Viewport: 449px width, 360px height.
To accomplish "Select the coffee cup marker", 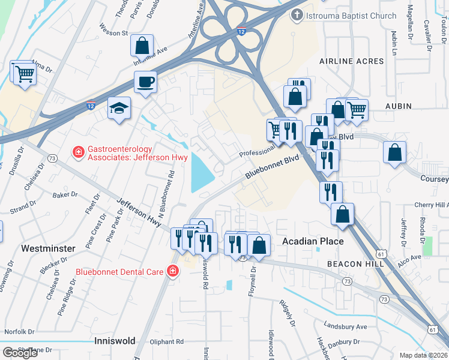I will pos(145,82).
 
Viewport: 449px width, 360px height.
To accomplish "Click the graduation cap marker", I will pos(119,109).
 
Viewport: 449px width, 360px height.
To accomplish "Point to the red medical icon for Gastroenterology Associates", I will pos(77,154).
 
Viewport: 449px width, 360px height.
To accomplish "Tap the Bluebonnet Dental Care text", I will pos(120,272).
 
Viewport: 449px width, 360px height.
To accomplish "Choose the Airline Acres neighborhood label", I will pos(351,61).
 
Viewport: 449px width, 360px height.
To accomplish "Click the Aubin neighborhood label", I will pos(399,106).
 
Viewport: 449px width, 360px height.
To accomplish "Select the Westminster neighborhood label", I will pos(48,248).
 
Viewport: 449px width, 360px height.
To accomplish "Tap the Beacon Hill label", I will pos(352,264).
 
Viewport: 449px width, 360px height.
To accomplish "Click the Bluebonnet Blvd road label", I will pos(271,167).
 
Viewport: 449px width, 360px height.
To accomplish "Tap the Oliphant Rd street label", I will pos(167,341).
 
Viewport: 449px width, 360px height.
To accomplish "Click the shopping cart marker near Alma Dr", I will pos(24,75).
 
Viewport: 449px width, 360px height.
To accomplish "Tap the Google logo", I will pos(20,352).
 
